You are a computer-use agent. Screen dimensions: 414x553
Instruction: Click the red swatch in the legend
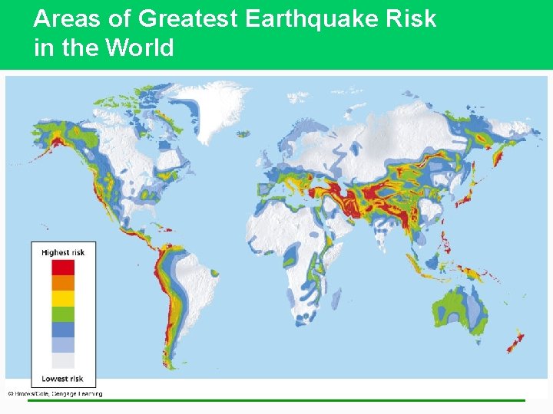tap(63, 268)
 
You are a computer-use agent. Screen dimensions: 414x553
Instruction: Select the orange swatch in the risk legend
tap(63, 283)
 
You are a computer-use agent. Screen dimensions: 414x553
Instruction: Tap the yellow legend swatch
tap(63, 298)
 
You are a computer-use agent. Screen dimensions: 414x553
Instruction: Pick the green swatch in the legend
tap(63, 314)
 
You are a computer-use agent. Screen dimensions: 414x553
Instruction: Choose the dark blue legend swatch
tap(63, 329)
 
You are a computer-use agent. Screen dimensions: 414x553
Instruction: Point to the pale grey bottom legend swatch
tap(63, 360)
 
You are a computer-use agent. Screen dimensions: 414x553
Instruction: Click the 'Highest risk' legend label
tap(63, 252)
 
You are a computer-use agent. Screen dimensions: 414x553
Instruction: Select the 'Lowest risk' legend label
tap(63, 378)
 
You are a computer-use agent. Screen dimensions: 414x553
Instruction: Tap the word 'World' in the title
tap(140, 48)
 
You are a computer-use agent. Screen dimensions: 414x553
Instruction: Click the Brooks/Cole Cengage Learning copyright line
tap(55, 394)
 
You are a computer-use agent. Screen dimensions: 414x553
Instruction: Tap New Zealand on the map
tap(515, 341)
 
